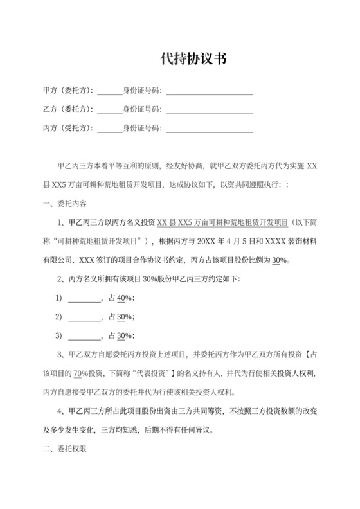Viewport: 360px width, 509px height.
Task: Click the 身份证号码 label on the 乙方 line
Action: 142,109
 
